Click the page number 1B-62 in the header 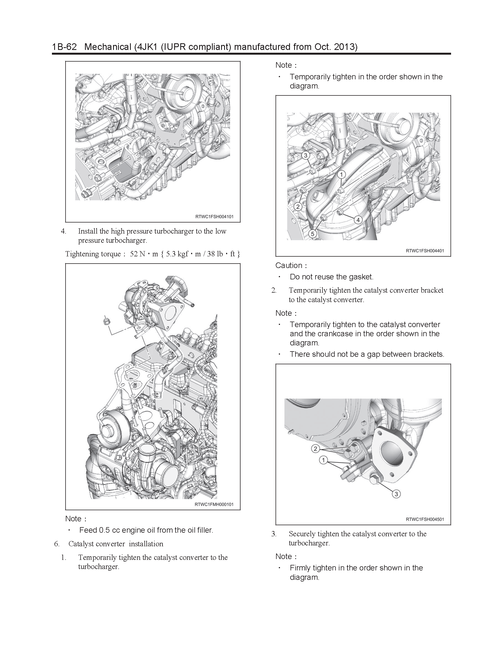[64, 47]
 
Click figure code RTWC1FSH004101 [214, 217]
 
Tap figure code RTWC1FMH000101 [214, 504]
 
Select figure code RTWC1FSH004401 [425, 251]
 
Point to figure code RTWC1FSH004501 [425, 519]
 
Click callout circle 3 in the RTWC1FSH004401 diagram [306, 155]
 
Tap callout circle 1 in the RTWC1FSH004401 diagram [341, 174]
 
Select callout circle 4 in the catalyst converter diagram [358, 220]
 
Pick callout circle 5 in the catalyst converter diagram [312, 234]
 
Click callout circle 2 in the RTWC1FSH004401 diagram [298, 206]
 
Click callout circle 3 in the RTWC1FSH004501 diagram [396, 494]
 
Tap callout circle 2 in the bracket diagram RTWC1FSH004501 [315, 449]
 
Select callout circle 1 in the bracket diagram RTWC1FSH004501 [323, 460]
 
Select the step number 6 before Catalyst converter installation [57, 544]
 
